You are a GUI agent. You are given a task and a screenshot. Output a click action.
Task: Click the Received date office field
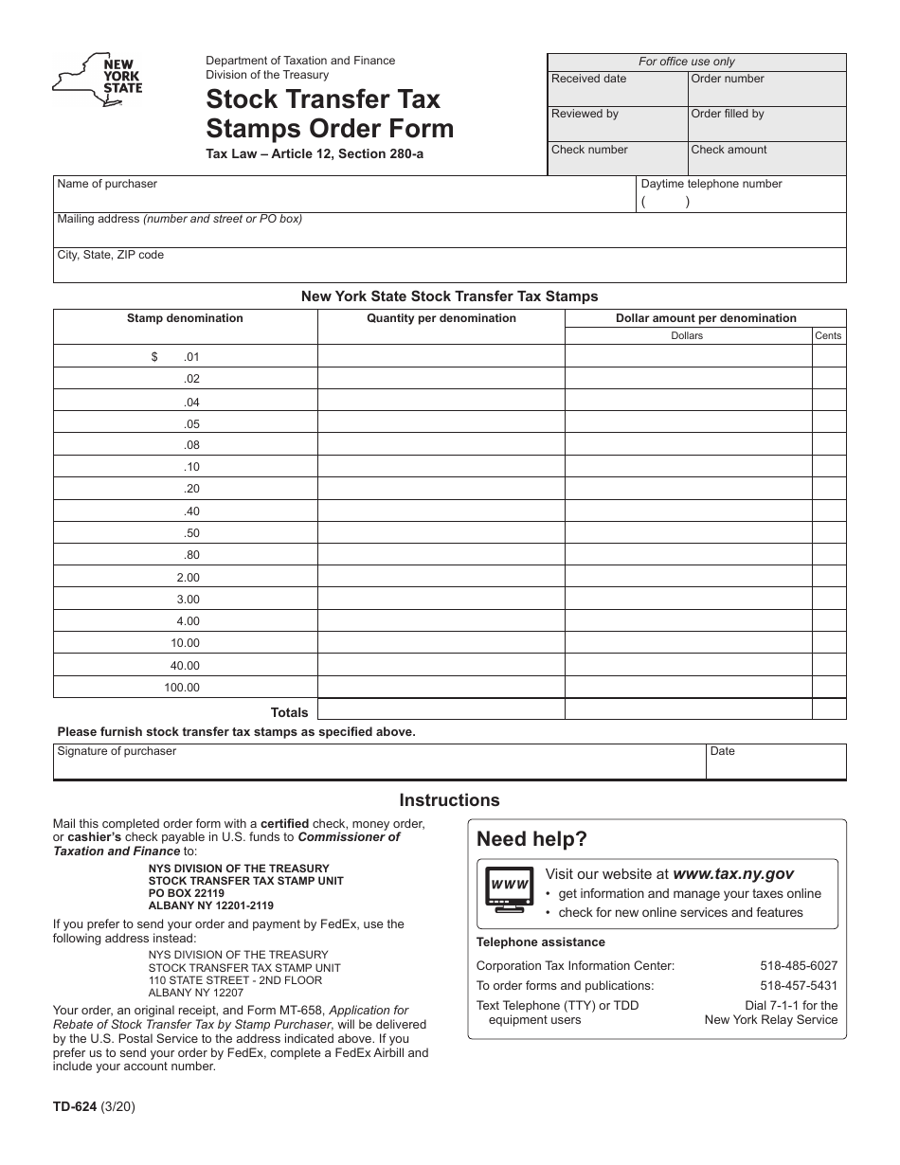coord(618,88)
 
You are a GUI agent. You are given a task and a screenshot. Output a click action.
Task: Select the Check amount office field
coord(766,158)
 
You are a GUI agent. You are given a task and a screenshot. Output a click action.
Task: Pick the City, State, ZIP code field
coord(449,266)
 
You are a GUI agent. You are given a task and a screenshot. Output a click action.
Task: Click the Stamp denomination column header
coord(185,318)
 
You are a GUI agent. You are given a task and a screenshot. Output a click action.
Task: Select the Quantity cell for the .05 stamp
coord(441,423)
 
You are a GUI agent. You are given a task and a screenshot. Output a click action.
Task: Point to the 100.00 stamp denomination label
coord(182,688)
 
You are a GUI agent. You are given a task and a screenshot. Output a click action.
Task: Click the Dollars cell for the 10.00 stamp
coord(689,643)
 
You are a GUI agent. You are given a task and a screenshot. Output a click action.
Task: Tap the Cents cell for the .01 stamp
coord(829,357)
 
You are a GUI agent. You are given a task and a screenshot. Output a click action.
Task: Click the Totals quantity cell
coord(441,710)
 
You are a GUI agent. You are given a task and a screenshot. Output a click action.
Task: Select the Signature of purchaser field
coord(379,762)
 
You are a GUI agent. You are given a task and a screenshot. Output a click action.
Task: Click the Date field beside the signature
coord(776,762)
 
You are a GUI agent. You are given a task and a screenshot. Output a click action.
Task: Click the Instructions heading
coord(449,800)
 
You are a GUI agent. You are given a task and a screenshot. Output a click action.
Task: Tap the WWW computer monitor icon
coord(509,889)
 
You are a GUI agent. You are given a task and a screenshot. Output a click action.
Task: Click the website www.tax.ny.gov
coord(732,874)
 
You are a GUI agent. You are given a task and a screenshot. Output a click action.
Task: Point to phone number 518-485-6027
coord(799,966)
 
